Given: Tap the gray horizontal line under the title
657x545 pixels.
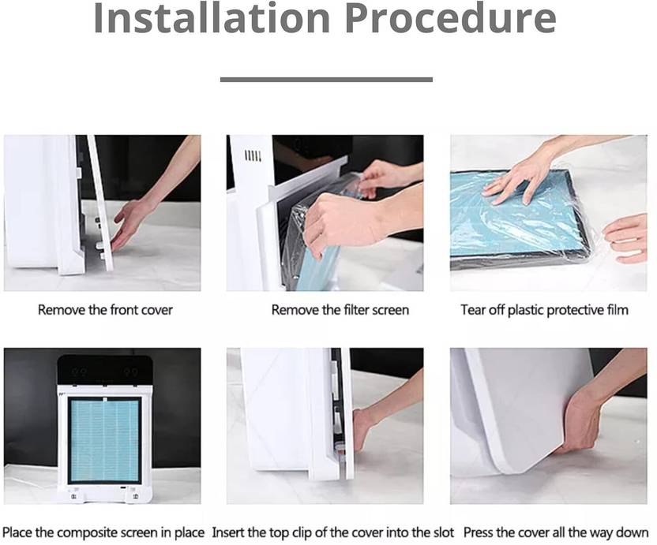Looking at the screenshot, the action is (326, 80).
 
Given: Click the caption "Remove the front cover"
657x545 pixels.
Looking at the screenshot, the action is (105, 310).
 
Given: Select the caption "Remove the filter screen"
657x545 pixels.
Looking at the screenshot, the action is (340, 310).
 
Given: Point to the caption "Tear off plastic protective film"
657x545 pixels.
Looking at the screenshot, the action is (544, 310).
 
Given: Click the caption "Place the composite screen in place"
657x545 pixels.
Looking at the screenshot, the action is (103, 533).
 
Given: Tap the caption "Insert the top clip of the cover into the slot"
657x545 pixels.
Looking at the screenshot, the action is (332, 533).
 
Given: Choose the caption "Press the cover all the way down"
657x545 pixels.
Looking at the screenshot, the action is (556, 533).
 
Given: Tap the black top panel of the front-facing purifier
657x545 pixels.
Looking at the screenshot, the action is (104, 370).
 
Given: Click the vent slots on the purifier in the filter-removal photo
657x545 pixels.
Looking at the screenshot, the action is (253, 156).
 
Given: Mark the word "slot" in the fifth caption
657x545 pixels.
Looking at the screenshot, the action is (442, 533).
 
